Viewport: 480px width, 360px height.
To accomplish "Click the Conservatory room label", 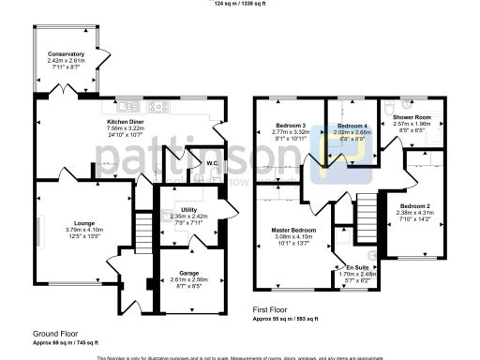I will click(x=66, y=55).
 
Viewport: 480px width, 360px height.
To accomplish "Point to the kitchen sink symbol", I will click(x=129, y=107).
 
